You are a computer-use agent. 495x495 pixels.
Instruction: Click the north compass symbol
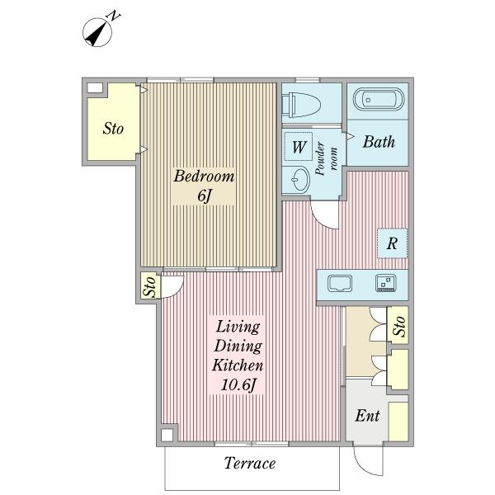97,32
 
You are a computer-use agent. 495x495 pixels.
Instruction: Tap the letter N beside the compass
115,16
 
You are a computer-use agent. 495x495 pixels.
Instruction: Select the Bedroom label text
205,176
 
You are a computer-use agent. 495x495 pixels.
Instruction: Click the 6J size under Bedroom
204,196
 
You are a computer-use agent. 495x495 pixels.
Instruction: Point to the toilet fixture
301,105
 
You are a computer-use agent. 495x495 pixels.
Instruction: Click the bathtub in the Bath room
378,99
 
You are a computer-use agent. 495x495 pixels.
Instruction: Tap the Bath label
379,142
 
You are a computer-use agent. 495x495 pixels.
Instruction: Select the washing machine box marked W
299,147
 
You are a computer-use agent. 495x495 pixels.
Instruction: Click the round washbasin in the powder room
299,179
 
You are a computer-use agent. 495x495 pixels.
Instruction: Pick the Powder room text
327,158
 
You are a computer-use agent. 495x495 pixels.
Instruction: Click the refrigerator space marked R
393,243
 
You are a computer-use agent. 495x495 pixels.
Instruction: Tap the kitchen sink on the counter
340,283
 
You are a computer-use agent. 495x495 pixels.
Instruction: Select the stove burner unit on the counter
386,283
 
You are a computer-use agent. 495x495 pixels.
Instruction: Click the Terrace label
250,463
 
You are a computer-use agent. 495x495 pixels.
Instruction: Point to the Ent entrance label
367,416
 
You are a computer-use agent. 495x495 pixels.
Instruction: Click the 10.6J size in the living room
238,384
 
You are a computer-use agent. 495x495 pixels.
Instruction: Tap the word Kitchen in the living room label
238,365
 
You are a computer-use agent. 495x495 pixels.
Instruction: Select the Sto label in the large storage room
113,129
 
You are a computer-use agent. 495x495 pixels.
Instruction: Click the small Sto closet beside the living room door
150,285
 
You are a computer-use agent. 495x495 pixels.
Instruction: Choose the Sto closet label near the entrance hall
398,326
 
